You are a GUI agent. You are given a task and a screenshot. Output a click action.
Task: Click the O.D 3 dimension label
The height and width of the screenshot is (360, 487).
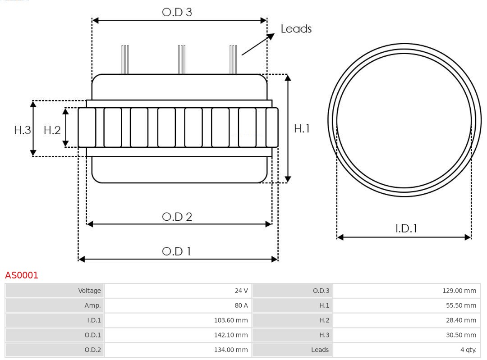(x=177, y=12)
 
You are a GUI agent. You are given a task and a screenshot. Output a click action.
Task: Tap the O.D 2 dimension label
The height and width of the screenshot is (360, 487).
(x=177, y=217)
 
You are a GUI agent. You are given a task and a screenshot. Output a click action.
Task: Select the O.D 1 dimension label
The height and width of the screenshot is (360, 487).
(x=176, y=251)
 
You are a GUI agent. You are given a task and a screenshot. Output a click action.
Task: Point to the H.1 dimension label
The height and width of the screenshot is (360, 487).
(x=302, y=128)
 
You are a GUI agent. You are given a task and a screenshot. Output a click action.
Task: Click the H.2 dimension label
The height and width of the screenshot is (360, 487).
(x=52, y=130)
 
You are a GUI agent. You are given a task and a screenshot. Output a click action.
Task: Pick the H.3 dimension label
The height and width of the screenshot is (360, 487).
(x=22, y=130)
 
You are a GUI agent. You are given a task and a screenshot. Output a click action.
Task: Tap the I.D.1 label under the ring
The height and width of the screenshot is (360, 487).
(x=406, y=228)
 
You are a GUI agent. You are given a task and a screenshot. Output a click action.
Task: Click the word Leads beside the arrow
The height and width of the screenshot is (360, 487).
(x=296, y=29)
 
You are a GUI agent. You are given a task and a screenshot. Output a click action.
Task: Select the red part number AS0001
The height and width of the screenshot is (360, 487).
(x=22, y=275)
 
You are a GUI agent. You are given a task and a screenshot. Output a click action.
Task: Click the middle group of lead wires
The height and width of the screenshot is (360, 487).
(x=181, y=59)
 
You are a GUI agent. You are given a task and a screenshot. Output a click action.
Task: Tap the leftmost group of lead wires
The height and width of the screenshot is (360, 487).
(x=125, y=59)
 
